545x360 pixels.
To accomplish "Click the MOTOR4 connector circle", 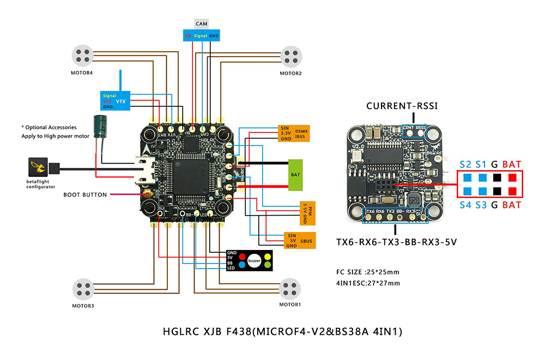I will pos(83,56).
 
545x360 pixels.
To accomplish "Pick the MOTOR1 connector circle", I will pos(290,290).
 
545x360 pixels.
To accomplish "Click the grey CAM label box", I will pos(202,25).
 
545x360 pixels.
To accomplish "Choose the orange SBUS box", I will pos(294,240).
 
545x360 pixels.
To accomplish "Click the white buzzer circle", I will pos(255,261).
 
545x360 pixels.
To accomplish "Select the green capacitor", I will pos(99,125).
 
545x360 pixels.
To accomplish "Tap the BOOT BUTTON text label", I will pos(85,194).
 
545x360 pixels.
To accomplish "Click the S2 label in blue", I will pos(465,164).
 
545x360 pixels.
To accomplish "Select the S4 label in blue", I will pos(465,205).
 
